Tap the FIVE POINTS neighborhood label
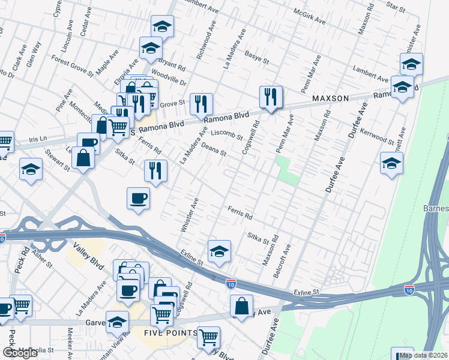170,333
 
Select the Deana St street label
213,149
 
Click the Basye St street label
256,56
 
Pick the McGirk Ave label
310,16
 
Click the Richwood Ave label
205,41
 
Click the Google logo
20,353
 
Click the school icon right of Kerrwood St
391,163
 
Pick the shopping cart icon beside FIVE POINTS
208,337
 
